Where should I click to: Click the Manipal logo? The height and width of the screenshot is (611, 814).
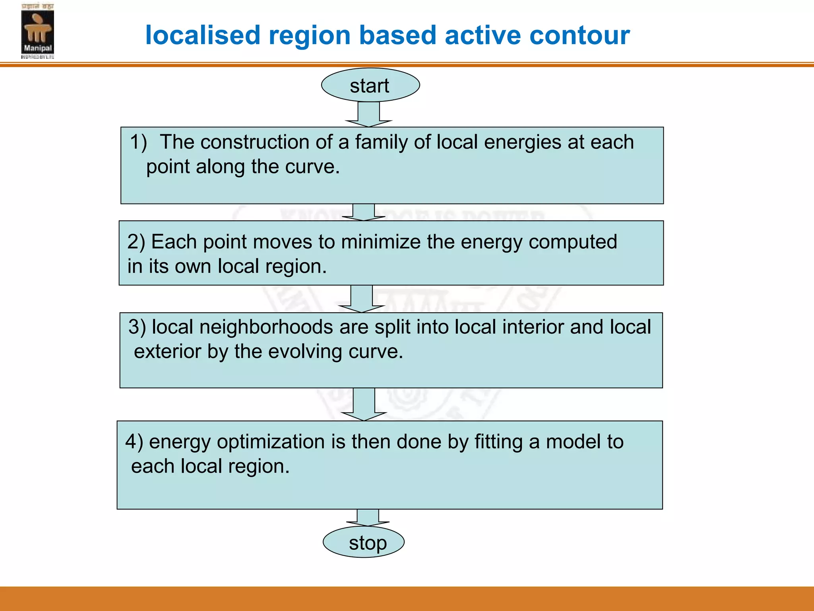pos(37,31)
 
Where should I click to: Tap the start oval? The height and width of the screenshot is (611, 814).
pos(370,85)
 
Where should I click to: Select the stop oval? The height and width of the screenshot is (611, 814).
pos(364,542)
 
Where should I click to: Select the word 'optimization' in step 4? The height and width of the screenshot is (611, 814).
pos(271,442)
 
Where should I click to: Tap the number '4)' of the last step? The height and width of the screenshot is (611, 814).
pos(134,442)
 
